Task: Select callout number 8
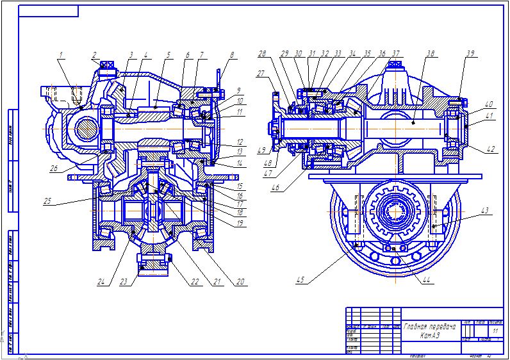tap(233, 55)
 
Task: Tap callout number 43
tap(486, 210)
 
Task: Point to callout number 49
tap(262, 151)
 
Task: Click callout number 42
tap(491, 149)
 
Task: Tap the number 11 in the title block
tap(495, 331)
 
